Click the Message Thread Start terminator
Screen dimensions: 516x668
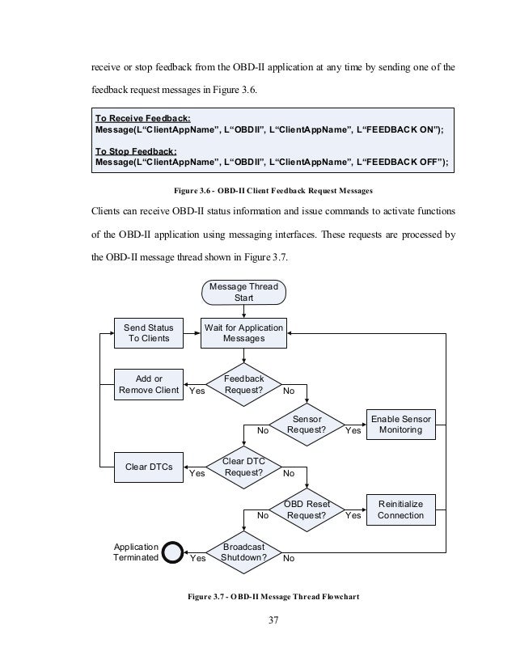point(243,292)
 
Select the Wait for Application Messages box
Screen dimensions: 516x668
point(243,333)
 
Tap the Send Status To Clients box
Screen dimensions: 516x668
point(149,333)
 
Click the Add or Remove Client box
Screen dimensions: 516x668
point(149,384)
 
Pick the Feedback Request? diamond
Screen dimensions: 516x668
point(243,384)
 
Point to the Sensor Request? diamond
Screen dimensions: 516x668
point(307,425)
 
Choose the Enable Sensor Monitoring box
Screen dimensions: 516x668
point(401,425)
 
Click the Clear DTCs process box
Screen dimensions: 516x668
point(149,467)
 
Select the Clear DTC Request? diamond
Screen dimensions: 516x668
point(243,467)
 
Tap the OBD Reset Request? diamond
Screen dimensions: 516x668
point(307,510)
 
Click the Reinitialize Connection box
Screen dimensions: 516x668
point(401,510)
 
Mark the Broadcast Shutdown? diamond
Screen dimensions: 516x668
point(243,552)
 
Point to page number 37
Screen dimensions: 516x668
point(273,620)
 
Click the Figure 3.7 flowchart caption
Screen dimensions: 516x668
point(273,597)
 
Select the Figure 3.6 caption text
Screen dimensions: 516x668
point(273,190)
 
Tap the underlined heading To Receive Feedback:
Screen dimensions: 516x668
point(142,118)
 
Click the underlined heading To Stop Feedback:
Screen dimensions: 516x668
point(136,151)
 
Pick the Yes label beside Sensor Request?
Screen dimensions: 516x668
point(353,430)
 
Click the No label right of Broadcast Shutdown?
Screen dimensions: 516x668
point(289,558)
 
